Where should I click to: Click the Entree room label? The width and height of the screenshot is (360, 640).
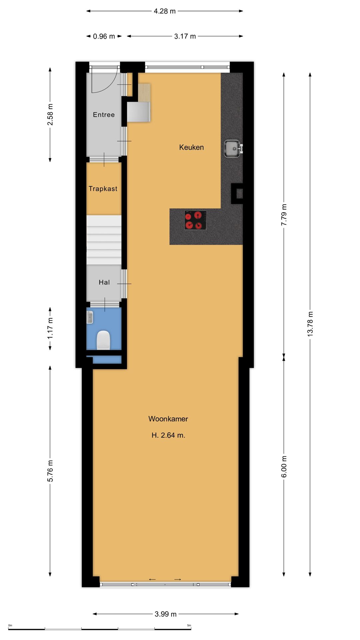coord(104,115)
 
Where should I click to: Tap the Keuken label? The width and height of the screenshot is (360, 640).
coord(191,147)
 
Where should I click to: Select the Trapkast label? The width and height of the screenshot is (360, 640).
coord(103,189)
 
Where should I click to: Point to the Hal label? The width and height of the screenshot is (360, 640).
coord(104,282)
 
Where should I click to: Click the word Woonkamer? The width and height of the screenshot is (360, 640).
coord(168,419)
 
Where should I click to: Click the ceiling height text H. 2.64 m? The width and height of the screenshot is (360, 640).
coord(168,435)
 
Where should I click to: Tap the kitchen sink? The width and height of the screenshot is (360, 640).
coord(232,149)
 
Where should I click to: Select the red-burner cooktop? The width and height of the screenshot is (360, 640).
coord(195,220)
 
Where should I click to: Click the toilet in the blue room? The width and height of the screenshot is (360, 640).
coord(103,340)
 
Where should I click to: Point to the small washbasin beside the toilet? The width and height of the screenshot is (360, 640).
coord(90,317)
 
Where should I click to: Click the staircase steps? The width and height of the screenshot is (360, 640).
coord(104,240)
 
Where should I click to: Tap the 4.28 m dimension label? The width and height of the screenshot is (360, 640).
coord(165,11)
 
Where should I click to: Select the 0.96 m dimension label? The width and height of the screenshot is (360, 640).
coord(104,36)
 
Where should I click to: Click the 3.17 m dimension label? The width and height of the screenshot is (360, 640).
coord(185,36)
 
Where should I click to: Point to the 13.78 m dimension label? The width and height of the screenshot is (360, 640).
coord(310,324)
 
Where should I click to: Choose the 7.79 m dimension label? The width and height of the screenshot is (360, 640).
coord(284,215)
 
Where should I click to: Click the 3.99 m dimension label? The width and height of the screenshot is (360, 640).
coord(166,614)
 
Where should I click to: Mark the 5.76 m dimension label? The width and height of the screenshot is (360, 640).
coord(50,471)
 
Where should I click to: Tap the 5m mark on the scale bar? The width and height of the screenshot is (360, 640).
coord(189,625)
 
